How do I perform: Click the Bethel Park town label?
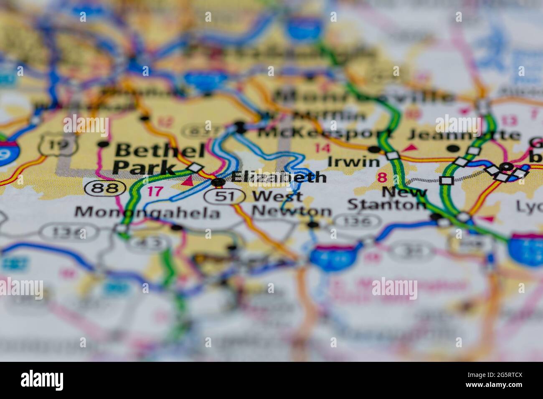pyautogui.click(x=159, y=159)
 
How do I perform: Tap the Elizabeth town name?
pyautogui.click(x=278, y=177)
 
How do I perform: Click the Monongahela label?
pyautogui.click(x=147, y=213)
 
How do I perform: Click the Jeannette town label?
pyautogui.click(x=464, y=135)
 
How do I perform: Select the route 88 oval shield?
pyautogui.click(x=105, y=188)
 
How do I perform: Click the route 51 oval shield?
pyautogui.click(x=224, y=196)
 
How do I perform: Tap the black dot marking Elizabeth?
pyautogui.click(x=218, y=182)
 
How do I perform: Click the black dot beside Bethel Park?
pyautogui.click(x=103, y=144)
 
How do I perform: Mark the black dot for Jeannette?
pyautogui.click(x=452, y=148)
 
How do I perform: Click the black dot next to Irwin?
pyautogui.click(x=373, y=149)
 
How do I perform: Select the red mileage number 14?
pyautogui.click(x=322, y=148)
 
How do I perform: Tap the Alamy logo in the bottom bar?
pyautogui.click(x=42, y=380)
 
